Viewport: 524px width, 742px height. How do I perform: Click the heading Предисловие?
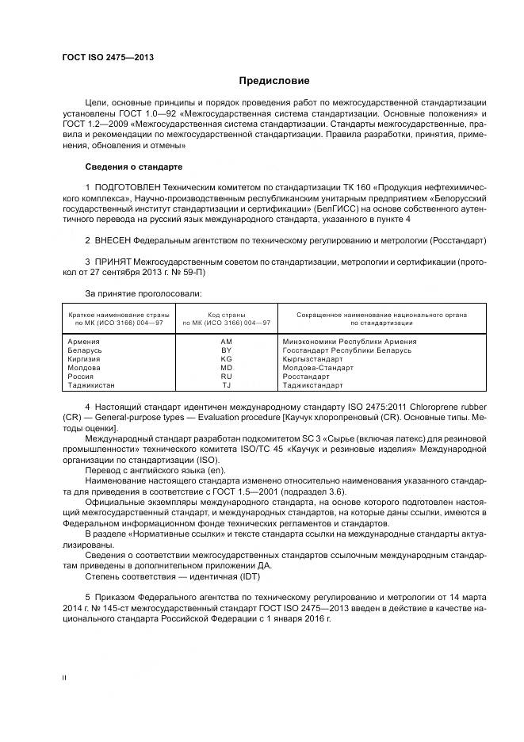(x=274, y=81)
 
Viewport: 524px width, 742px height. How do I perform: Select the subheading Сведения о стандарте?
(x=133, y=167)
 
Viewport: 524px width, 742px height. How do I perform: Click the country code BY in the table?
(x=226, y=350)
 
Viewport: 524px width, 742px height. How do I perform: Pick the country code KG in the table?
(x=226, y=358)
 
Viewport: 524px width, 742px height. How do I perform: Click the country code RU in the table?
(x=226, y=377)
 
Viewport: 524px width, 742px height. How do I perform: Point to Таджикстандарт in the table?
(x=312, y=385)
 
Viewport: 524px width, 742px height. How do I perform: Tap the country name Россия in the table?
(x=81, y=377)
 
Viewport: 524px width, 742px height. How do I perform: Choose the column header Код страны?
(x=226, y=315)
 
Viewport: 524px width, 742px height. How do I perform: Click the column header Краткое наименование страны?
(x=115, y=315)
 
